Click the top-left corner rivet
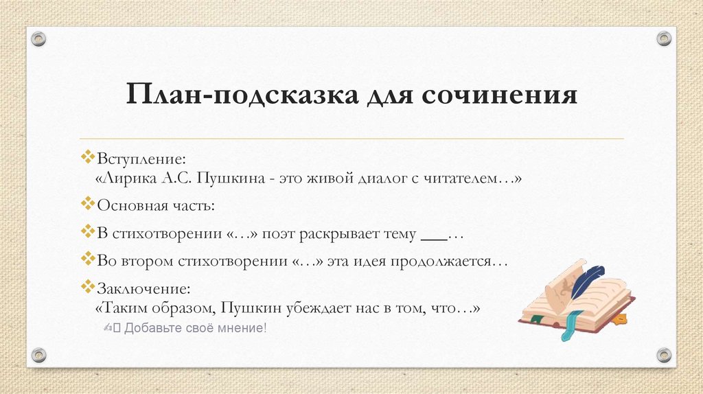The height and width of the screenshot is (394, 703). tap(38, 38)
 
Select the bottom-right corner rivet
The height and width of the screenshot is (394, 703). tap(663, 355)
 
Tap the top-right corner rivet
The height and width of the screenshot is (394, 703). tap(663, 38)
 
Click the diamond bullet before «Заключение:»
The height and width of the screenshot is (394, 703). tap(87, 286)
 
